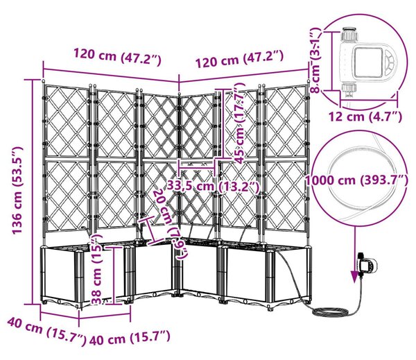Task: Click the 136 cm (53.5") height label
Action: point(18,190)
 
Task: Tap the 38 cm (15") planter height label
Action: point(96,269)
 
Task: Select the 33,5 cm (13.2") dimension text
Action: point(213,187)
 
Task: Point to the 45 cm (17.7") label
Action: point(240,123)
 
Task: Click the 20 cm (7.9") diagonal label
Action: point(169,223)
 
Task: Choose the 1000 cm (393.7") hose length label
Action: point(357,180)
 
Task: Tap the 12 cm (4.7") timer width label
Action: point(365,117)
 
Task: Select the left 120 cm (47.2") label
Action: point(118,56)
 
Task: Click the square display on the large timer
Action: point(367,61)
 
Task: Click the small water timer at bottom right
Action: point(367,264)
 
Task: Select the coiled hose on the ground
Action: point(331,311)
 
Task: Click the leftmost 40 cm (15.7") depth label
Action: point(46,332)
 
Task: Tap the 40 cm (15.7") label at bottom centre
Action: point(130,338)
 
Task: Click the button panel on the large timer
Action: point(390,62)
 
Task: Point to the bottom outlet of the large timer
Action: point(349,90)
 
